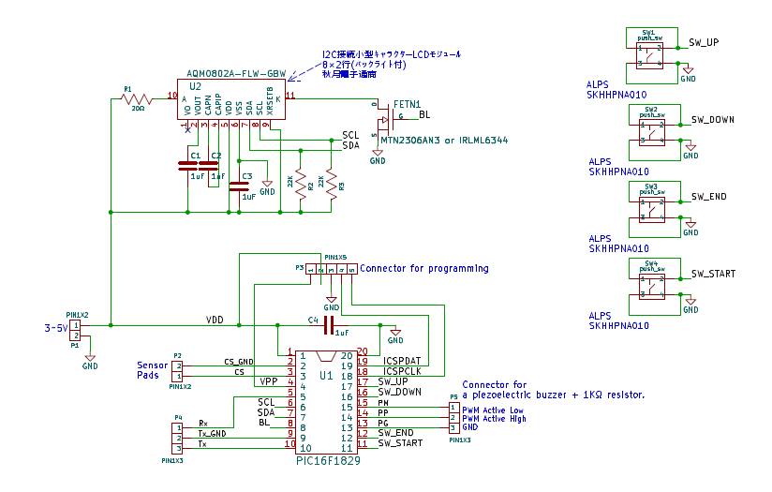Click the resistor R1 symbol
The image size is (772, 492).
pyautogui.click(x=138, y=97)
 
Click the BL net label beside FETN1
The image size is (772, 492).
pyautogui.click(x=424, y=115)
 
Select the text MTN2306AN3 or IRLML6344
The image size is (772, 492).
pyautogui.click(x=445, y=141)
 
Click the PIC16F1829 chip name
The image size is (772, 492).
pyautogui.click(x=327, y=461)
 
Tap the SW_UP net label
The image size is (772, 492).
pyautogui.click(x=704, y=42)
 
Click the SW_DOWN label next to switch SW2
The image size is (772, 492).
pyautogui.click(x=712, y=120)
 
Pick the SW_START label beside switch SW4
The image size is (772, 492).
pyautogui.click(x=712, y=274)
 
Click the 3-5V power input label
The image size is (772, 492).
pyautogui.click(x=56, y=329)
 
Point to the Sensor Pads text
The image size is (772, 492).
pyautogui.click(x=152, y=370)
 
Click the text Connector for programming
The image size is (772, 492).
pyautogui.click(x=423, y=268)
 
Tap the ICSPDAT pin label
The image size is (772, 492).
pyautogui.click(x=400, y=360)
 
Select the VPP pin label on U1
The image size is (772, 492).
pyautogui.click(x=269, y=382)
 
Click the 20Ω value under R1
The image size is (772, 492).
pyautogui.click(x=138, y=108)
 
